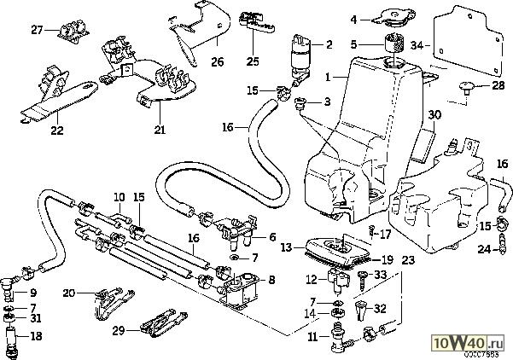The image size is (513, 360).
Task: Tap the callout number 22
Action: point(57,130)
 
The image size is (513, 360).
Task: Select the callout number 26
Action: point(217,62)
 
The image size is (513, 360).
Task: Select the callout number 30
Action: point(434,114)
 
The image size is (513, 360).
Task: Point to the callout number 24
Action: point(484,250)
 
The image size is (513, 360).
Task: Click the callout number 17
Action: point(385,232)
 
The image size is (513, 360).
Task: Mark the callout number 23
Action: point(407,258)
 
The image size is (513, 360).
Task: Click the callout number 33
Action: point(381,274)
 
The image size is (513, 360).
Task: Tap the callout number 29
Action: point(120,329)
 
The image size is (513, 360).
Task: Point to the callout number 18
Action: point(36,337)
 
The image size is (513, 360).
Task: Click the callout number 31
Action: point(36,319)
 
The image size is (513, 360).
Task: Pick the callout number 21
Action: point(160,130)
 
